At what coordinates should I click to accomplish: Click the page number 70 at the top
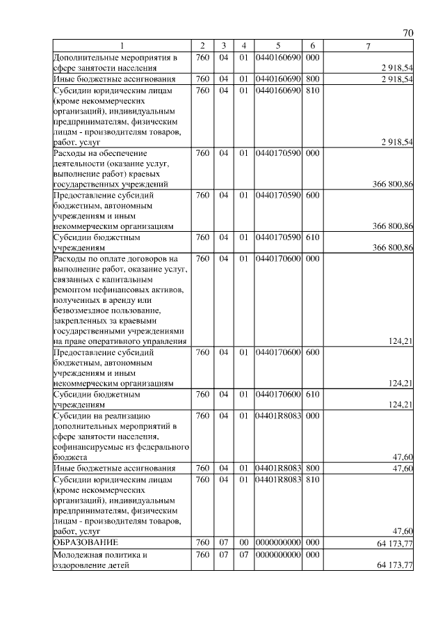coord(408,33)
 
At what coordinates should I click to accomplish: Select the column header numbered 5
coord(277,46)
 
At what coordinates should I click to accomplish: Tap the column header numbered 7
coord(368,46)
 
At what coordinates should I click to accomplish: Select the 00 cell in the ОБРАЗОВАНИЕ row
coord(244,542)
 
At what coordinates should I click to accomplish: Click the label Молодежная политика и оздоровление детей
coord(103,560)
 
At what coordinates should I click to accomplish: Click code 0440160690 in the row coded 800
coord(277,79)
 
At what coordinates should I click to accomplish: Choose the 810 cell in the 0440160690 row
coord(312,90)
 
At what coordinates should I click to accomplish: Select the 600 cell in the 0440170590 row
coord(312,196)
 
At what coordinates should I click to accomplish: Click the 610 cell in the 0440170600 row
coord(312,394)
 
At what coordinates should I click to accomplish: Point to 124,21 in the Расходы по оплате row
coord(401,341)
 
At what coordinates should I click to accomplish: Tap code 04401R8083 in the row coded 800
coord(277,468)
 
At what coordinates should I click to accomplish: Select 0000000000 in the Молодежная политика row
coord(277,556)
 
